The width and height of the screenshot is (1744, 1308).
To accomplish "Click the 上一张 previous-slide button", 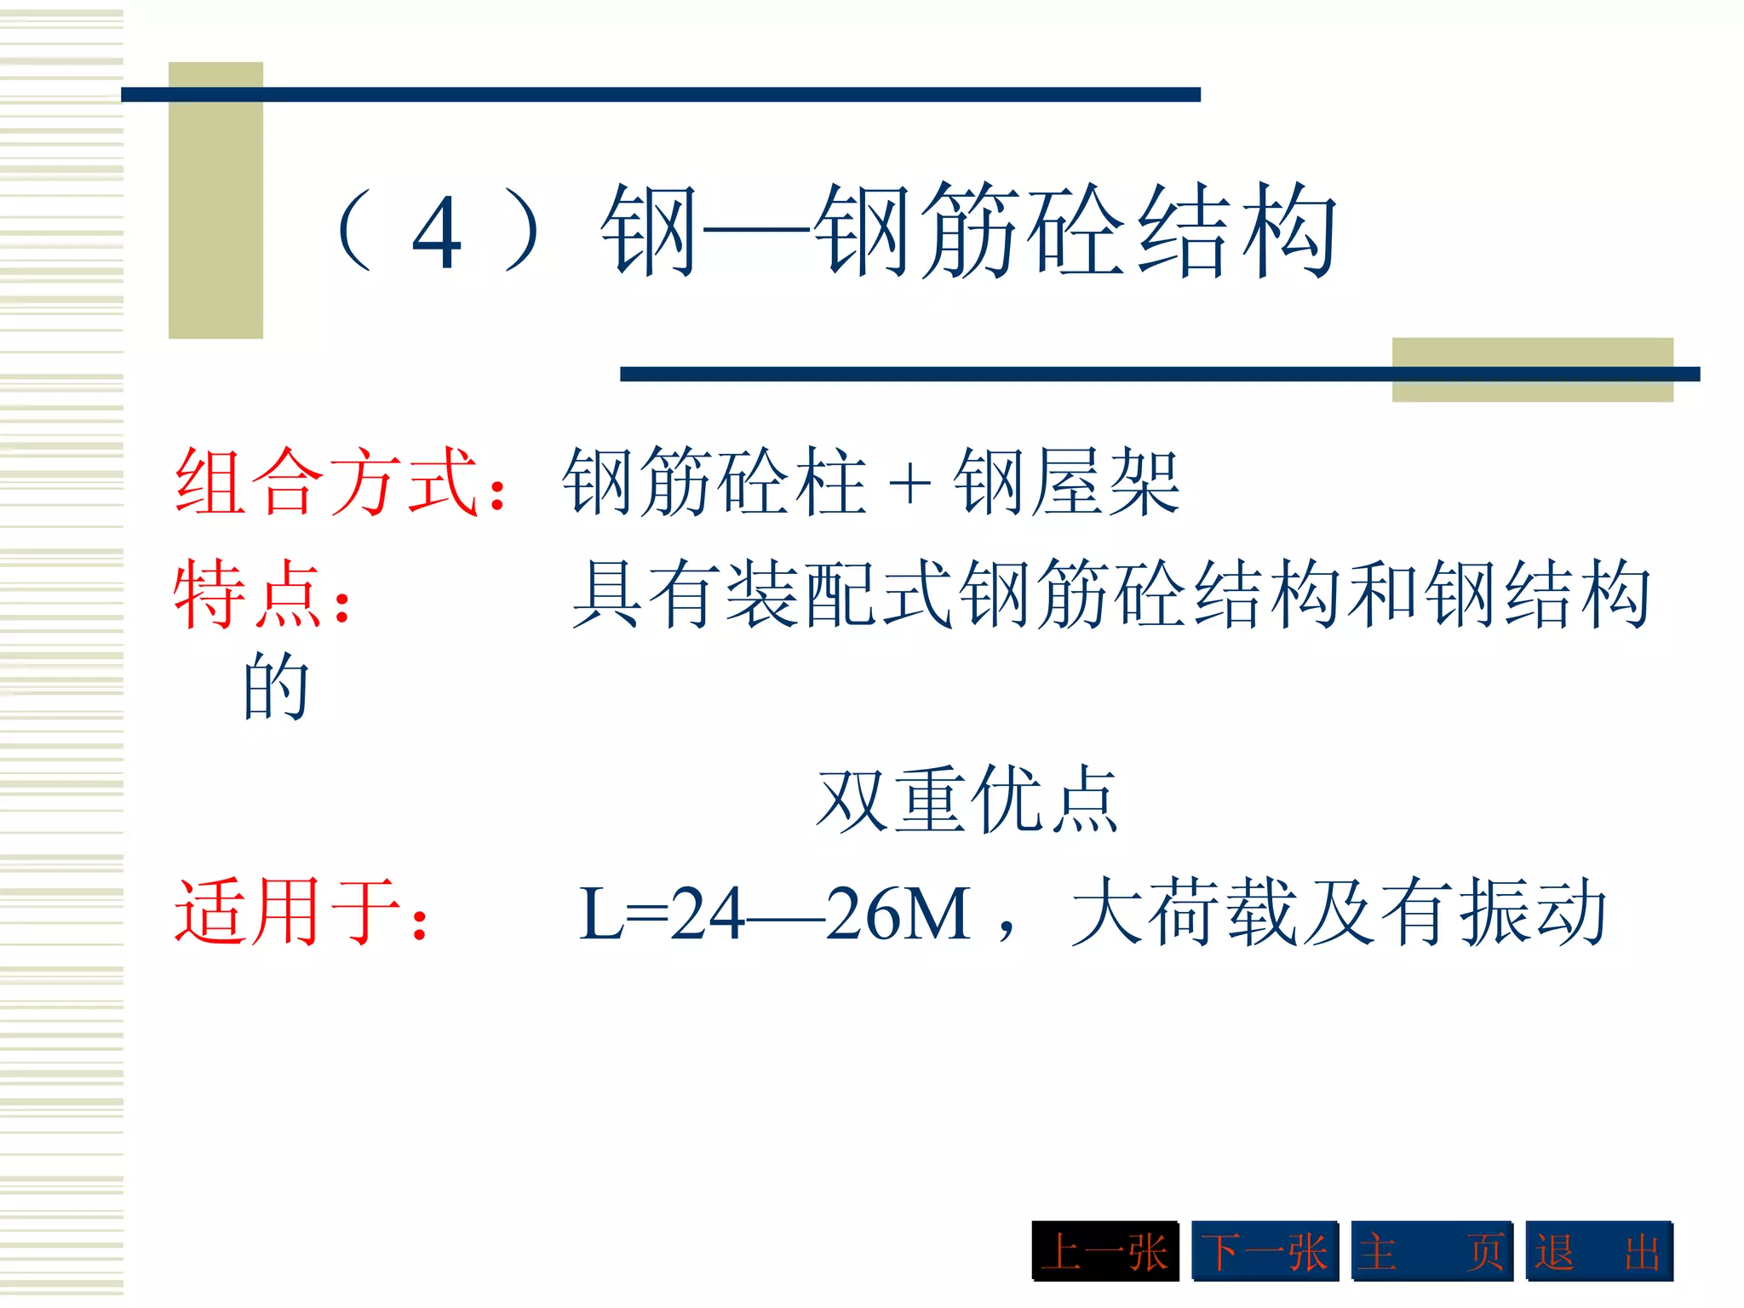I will (1104, 1251).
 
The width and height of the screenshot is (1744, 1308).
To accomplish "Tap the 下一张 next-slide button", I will (1265, 1251).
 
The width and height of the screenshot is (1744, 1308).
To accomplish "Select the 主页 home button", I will (1431, 1251).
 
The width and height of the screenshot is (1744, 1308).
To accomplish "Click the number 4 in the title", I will (437, 232).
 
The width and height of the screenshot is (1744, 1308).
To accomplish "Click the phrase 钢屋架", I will (1066, 482).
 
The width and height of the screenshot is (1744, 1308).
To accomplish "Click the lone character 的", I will (275, 686).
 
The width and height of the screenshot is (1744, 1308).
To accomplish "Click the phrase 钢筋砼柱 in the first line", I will (714, 482).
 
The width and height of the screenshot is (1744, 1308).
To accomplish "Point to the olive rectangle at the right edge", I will (1532, 370).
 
